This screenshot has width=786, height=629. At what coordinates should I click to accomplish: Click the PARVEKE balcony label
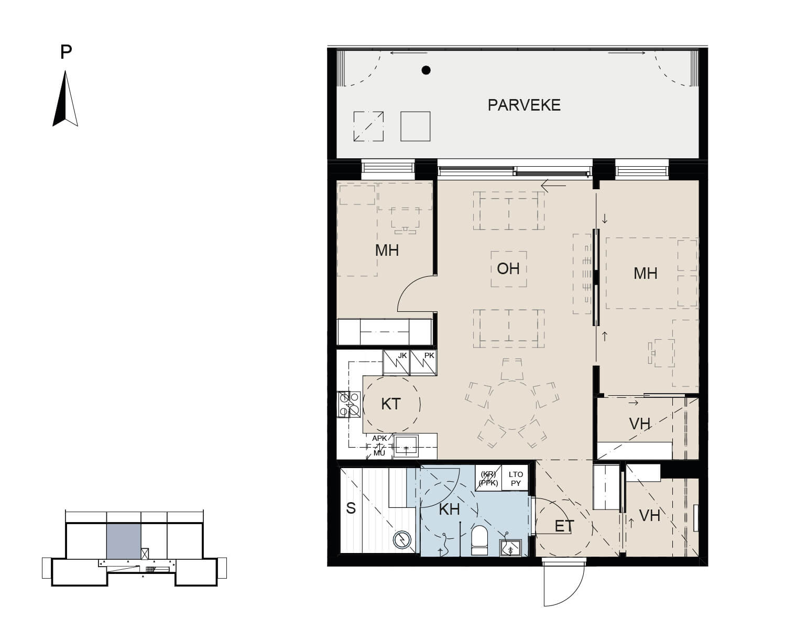click(524, 105)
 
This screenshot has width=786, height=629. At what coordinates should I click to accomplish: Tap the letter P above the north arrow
click(65, 52)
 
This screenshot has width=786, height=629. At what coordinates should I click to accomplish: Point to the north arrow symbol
click(65, 99)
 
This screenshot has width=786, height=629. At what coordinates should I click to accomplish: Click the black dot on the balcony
click(425, 70)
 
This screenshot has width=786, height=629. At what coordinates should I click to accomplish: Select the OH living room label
click(508, 268)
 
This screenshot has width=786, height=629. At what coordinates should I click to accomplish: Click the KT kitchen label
click(391, 404)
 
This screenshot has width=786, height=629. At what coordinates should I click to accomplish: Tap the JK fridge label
click(402, 355)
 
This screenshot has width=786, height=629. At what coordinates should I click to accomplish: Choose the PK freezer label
click(429, 355)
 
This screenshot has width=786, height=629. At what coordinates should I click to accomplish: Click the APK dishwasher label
click(379, 438)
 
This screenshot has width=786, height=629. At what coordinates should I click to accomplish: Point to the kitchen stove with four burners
click(350, 404)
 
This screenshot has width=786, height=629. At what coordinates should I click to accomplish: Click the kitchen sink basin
click(406, 446)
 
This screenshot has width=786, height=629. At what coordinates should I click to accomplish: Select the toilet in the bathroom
click(479, 540)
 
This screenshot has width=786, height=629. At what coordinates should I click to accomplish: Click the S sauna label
click(351, 508)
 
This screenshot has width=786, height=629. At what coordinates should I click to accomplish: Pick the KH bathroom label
click(449, 509)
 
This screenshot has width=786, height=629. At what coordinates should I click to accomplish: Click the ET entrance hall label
click(564, 526)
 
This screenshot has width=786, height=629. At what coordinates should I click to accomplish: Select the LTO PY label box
click(516, 478)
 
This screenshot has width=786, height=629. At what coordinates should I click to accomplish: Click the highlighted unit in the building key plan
click(124, 541)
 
